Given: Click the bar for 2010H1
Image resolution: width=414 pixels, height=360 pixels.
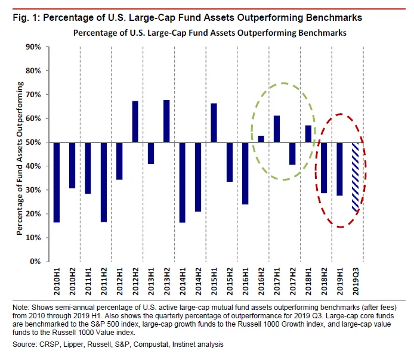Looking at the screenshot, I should coord(57,182).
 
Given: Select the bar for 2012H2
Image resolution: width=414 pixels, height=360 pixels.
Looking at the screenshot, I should coord(135,122).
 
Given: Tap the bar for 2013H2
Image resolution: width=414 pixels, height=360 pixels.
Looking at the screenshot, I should coord(166,121).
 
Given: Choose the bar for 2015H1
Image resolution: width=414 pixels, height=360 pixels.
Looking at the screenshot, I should coord(213,123).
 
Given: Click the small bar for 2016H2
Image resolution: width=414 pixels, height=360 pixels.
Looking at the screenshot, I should coord(260,139).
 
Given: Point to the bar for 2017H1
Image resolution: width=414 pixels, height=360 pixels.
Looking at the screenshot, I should coord(276,129).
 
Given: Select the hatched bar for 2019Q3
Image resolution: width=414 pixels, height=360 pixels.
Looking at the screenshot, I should coord(355,178).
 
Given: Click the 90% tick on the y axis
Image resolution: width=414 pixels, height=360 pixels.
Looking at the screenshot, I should coord(33,46).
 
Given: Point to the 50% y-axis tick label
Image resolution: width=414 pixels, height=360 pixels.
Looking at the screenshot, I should coord(33,142).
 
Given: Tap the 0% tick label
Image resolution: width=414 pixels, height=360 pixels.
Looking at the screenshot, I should coord(36,262).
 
